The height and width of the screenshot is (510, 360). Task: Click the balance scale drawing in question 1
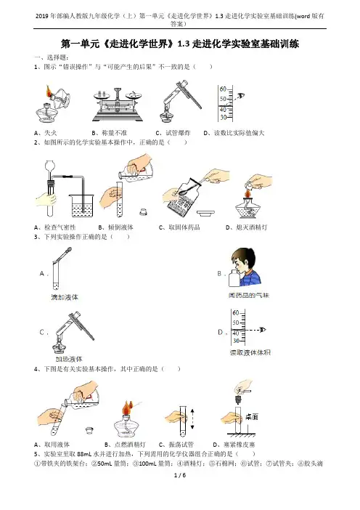point(118,105)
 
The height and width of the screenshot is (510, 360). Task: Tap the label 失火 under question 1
point(50,133)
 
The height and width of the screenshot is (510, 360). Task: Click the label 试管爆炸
point(178,133)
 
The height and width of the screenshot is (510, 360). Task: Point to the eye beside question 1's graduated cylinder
point(241,96)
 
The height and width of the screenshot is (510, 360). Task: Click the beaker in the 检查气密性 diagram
point(81,206)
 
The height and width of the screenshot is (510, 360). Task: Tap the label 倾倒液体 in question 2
point(120,227)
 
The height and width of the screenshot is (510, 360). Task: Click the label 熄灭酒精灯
point(251,227)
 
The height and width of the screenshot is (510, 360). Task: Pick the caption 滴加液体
point(65,297)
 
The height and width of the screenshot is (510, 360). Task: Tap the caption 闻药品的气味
point(248,296)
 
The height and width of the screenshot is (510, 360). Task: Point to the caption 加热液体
point(69,359)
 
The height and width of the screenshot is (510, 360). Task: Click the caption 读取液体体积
point(250,352)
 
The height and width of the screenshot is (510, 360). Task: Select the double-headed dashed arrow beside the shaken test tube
point(192,419)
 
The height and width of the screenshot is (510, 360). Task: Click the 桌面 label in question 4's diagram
point(251,417)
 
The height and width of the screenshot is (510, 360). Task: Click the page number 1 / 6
point(180,475)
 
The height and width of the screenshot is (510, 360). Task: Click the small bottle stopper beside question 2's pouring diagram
point(143,211)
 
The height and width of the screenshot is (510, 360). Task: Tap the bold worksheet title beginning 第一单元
point(180,44)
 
